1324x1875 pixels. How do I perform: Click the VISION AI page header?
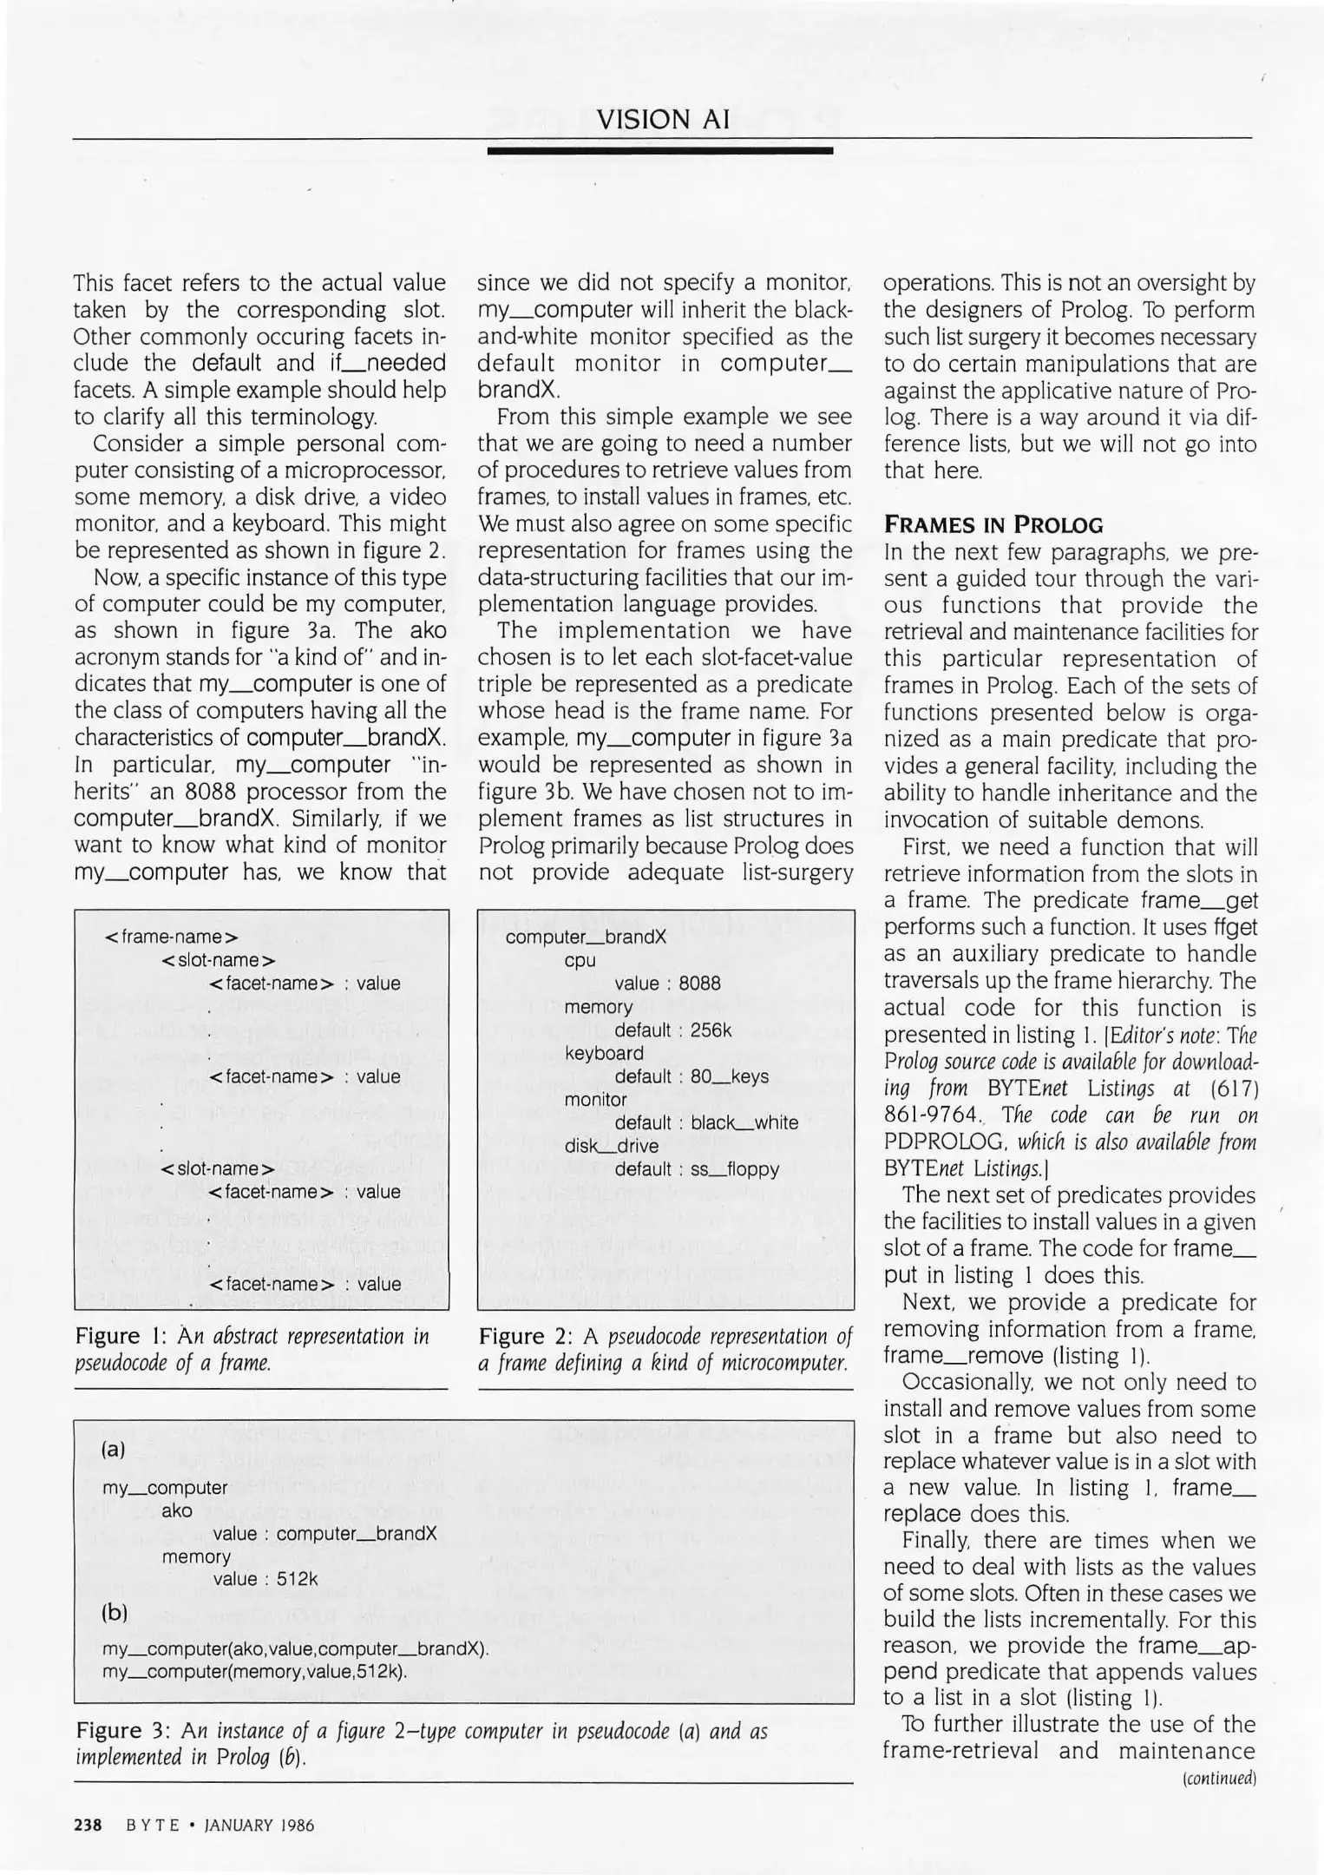(663, 119)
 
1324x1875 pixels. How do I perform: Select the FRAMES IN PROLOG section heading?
(993, 525)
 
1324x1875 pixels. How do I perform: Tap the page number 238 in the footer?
(88, 1825)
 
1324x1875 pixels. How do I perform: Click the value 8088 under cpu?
(699, 984)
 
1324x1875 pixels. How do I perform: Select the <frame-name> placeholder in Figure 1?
(171, 937)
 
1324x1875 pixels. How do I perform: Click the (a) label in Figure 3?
(114, 1449)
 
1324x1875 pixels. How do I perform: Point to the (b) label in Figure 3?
(115, 1613)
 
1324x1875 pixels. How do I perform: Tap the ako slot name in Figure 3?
(177, 1510)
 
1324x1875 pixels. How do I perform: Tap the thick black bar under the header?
(660, 151)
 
